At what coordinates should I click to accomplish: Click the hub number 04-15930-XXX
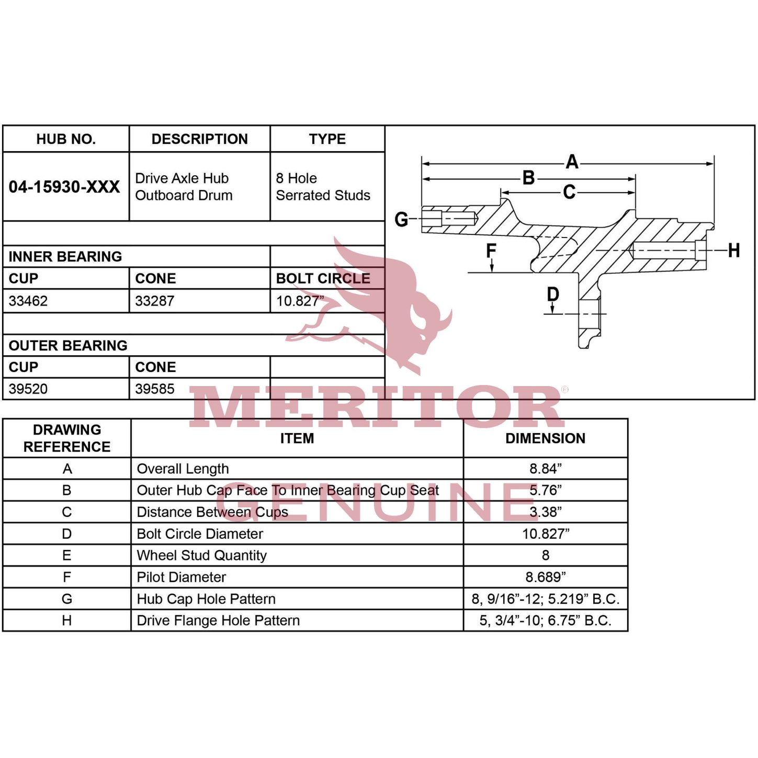64,186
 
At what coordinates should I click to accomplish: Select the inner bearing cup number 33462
28,301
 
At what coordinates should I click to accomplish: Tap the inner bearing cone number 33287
155,301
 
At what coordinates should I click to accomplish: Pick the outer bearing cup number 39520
28,389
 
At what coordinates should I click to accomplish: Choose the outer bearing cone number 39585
155,389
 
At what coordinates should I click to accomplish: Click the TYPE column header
327,139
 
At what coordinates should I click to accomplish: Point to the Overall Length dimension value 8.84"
545,469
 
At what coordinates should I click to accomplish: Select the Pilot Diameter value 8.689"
545,576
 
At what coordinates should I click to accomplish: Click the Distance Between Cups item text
212,512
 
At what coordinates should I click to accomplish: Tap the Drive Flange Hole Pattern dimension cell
545,620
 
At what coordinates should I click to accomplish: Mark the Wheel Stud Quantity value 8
545,555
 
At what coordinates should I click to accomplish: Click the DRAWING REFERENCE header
67,438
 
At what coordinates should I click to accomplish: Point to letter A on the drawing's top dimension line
572,162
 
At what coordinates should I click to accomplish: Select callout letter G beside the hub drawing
401,220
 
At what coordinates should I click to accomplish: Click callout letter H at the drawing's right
733,250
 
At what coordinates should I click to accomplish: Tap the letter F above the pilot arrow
491,250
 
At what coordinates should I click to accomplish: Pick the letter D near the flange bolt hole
553,294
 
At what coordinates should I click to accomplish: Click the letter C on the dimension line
569,192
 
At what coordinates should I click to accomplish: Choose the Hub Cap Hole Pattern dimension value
545,598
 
